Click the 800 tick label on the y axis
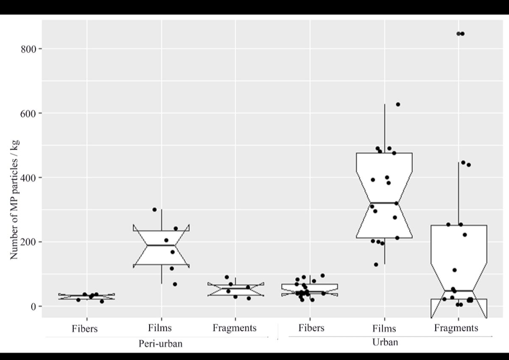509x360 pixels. (28, 49)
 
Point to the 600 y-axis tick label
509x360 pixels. (28, 113)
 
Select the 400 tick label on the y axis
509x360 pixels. (28, 178)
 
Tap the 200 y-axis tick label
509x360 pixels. (28, 242)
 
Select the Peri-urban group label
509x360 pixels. (160, 343)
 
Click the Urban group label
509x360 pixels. (385, 342)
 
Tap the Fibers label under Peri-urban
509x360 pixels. (84, 328)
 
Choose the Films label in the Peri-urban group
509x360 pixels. (160, 328)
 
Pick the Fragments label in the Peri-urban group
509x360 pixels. (235, 328)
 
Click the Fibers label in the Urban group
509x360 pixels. (311, 328)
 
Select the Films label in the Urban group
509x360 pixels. (384, 328)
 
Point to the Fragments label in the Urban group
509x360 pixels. (456, 328)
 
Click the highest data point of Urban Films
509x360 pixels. (398, 104)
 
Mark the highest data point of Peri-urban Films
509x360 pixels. (154, 209)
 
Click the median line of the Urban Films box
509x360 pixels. (384, 203)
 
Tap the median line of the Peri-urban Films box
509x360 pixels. (161, 245)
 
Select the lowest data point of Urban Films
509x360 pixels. (376, 265)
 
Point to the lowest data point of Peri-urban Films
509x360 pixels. (175, 284)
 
